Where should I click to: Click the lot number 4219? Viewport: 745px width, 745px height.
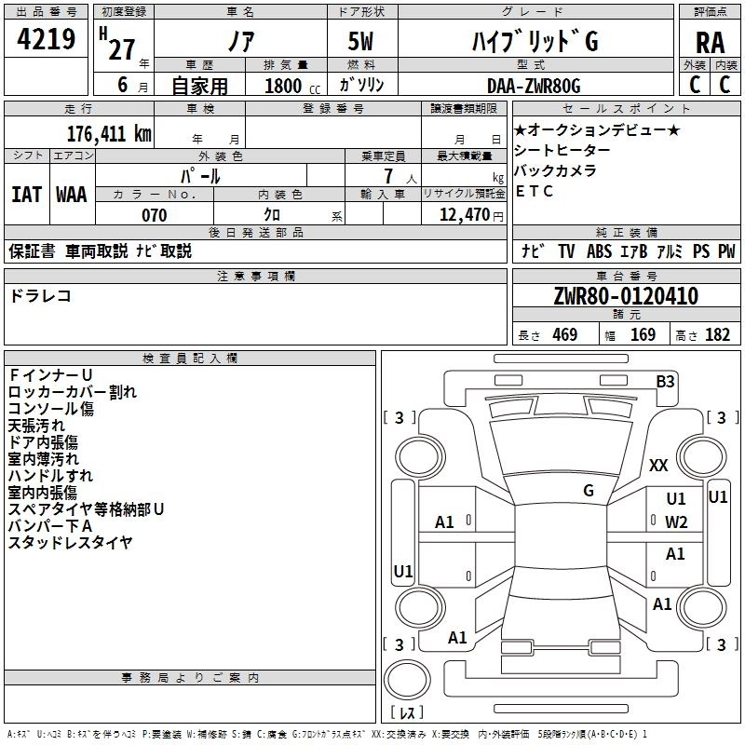pos(46,41)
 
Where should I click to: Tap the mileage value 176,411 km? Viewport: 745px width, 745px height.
pos(109,133)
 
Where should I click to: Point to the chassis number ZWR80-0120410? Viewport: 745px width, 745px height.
pos(626,297)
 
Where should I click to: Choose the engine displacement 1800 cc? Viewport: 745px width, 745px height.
pos(283,86)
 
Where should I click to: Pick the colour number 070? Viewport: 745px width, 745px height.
pos(154,215)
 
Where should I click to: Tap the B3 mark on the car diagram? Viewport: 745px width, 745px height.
pos(665,381)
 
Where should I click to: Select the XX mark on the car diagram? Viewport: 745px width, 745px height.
pos(658,466)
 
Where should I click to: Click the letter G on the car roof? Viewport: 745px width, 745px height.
pos(589,491)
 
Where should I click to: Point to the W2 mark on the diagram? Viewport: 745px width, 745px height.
pos(676,521)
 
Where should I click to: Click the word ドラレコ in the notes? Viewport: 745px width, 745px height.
pos(41,295)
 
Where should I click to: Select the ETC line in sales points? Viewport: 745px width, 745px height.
pos(535,191)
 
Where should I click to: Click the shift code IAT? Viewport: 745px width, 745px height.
pos(26,195)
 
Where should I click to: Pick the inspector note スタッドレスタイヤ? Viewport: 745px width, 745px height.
pos(71,542)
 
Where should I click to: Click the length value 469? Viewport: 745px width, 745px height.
pos(564,335)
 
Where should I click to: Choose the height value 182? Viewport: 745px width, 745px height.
pos(717,335)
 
